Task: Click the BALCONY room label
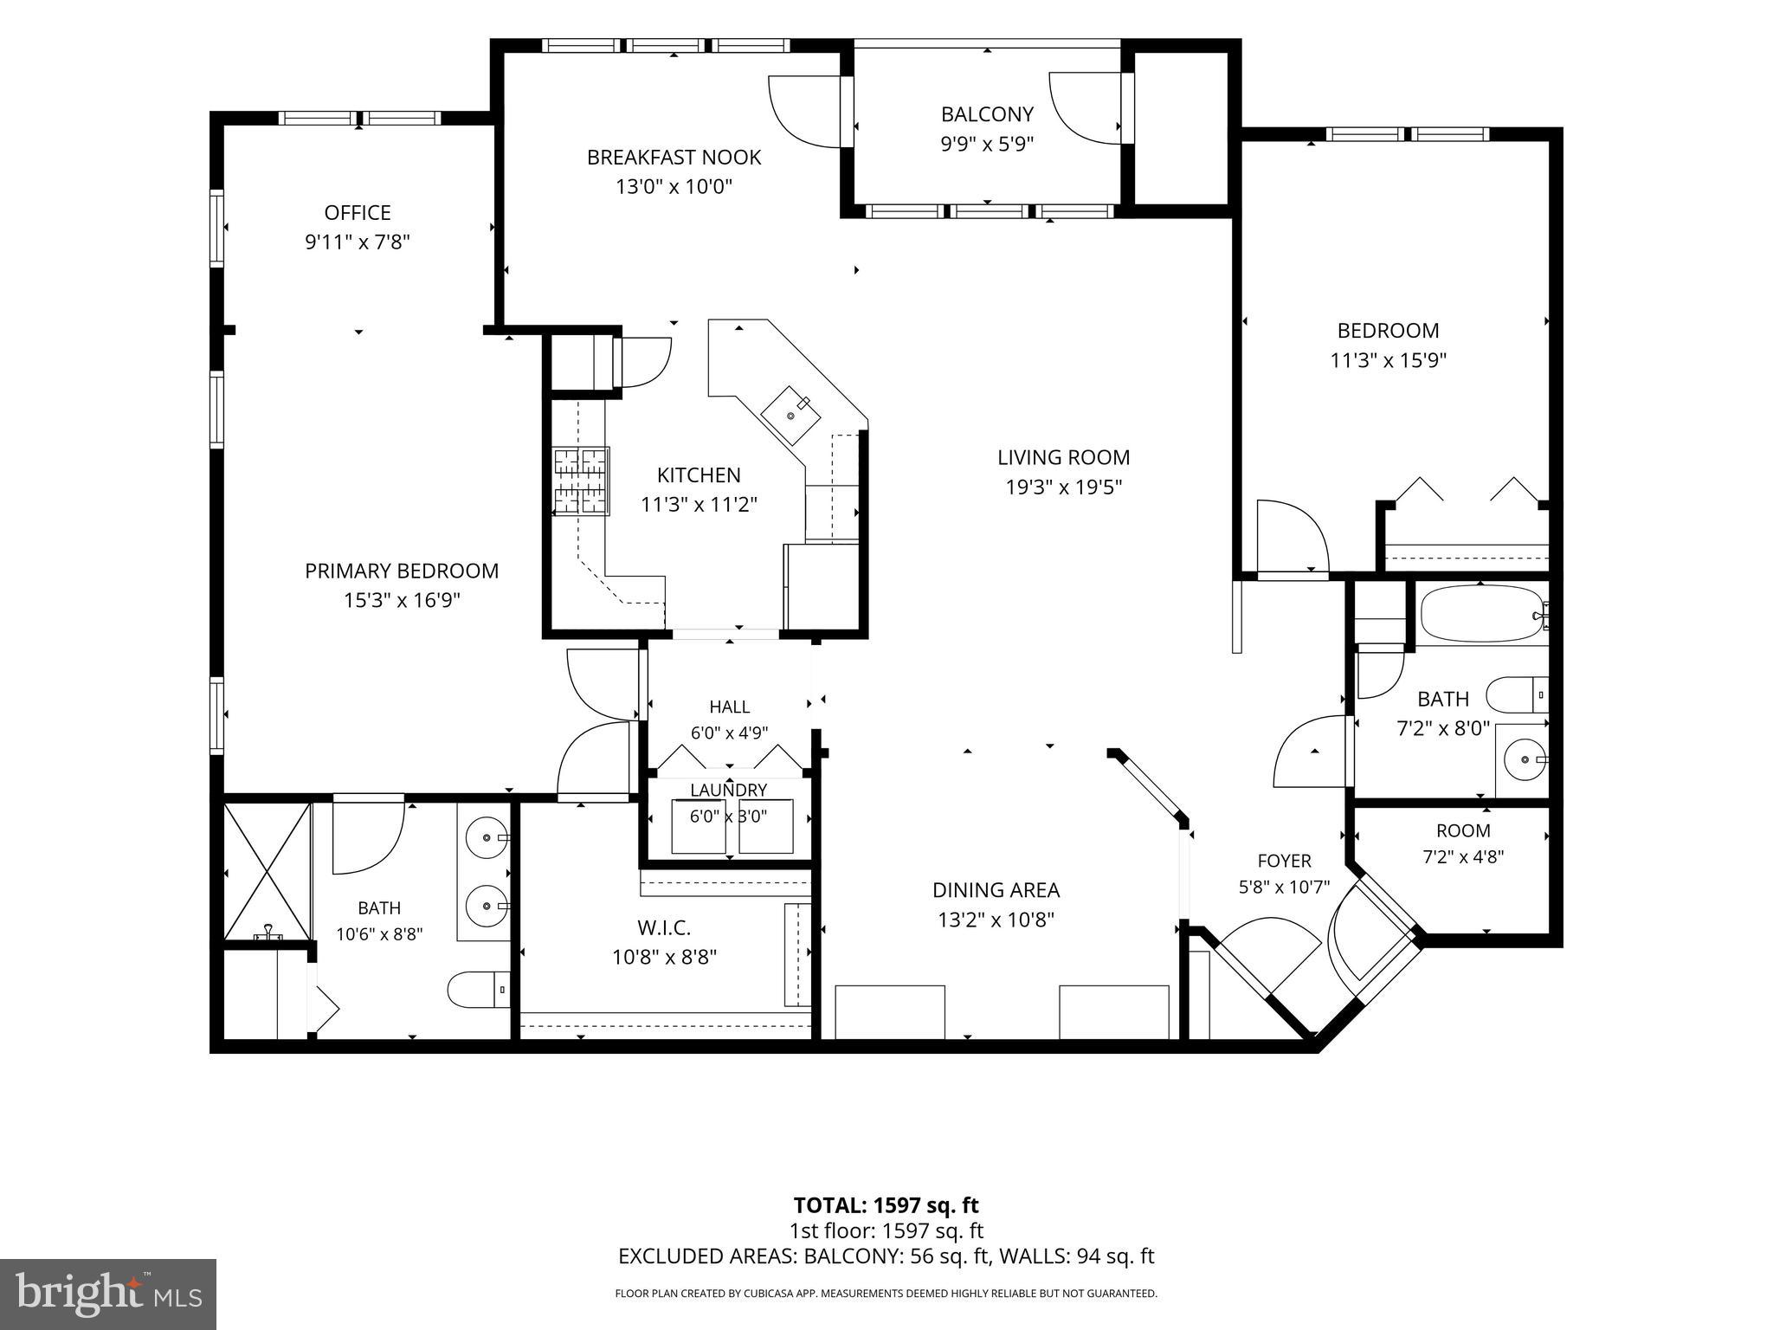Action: [x=987, y=114]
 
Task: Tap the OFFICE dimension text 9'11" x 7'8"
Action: [x=357, y=242]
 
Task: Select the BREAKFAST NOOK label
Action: [x=674, y=158]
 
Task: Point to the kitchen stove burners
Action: [x=581, y=481]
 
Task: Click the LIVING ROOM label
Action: [x=1063, y=457]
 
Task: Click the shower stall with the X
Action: [x=268, y=872]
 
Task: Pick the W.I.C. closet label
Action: [x=664, y=928]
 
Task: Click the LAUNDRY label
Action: [x=728, y=790]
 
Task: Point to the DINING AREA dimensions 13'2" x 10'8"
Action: [x=996, y=920]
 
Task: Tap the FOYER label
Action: [x=1284, y=861]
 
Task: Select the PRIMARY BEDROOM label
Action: [x=402, y=571]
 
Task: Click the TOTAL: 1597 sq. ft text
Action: [x=886, y=1205]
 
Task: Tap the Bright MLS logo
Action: [x=108, y=1294]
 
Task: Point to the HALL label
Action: [x=729, y=707]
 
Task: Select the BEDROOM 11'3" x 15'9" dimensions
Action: [x=1389, y=360]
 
